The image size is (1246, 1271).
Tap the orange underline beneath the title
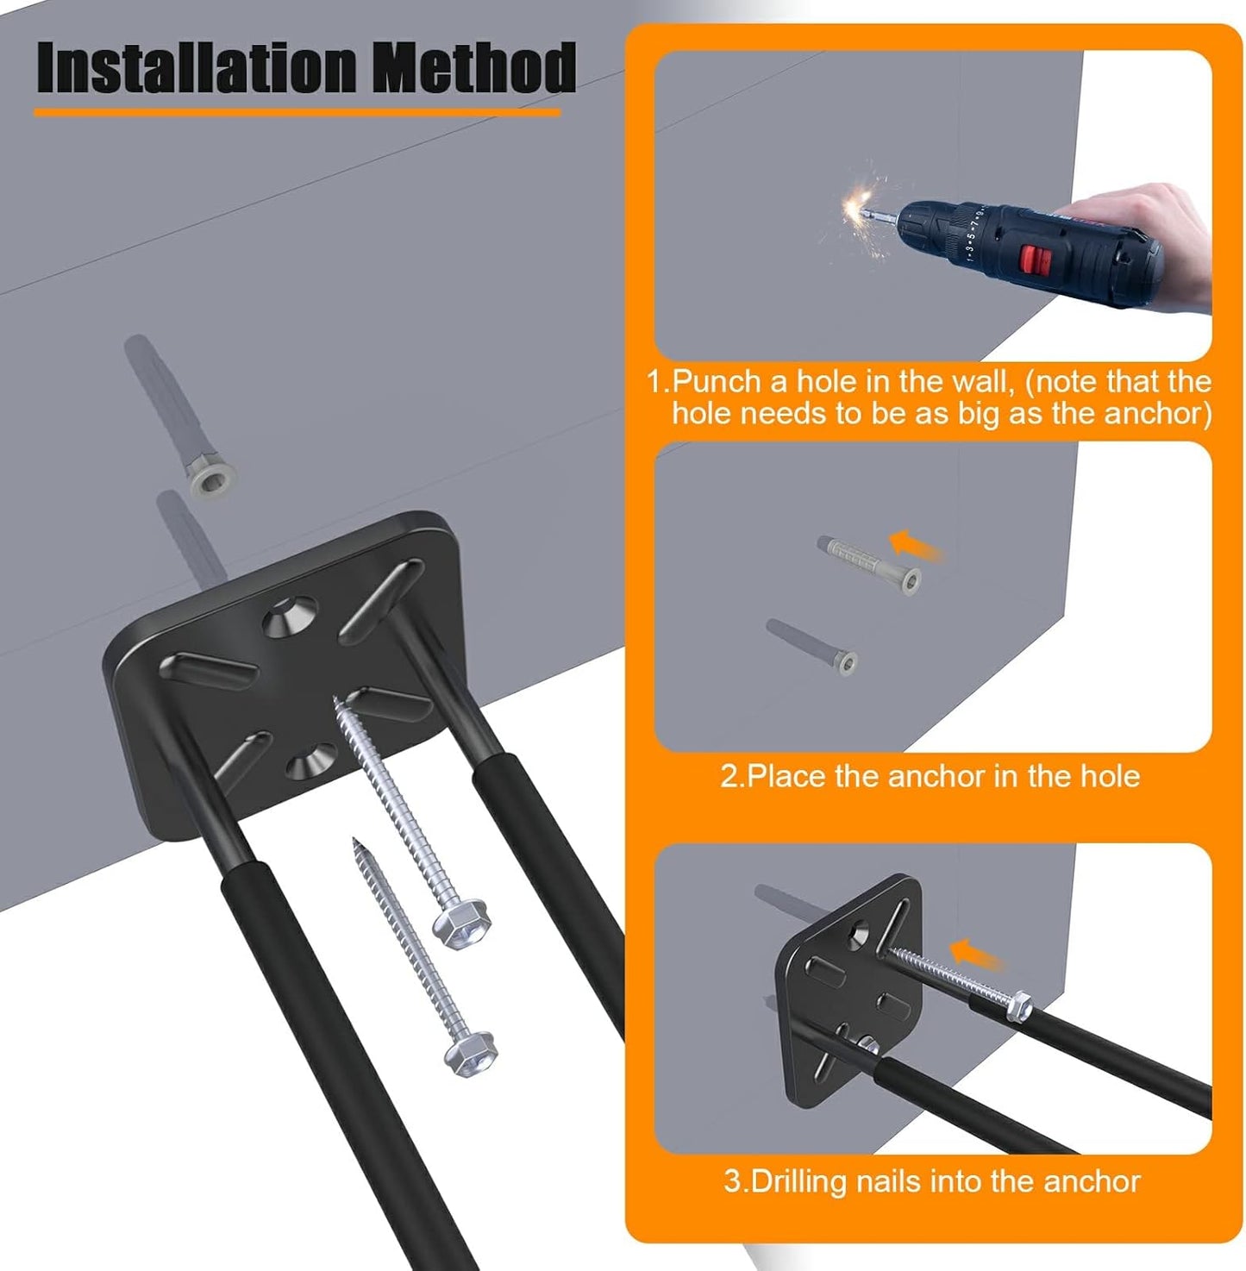(x=297, y=111)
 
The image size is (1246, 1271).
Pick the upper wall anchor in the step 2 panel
(x=869, y=562)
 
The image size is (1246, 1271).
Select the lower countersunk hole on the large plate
(x=310, y=761)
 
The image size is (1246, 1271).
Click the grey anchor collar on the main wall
(x=212, y=477)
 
